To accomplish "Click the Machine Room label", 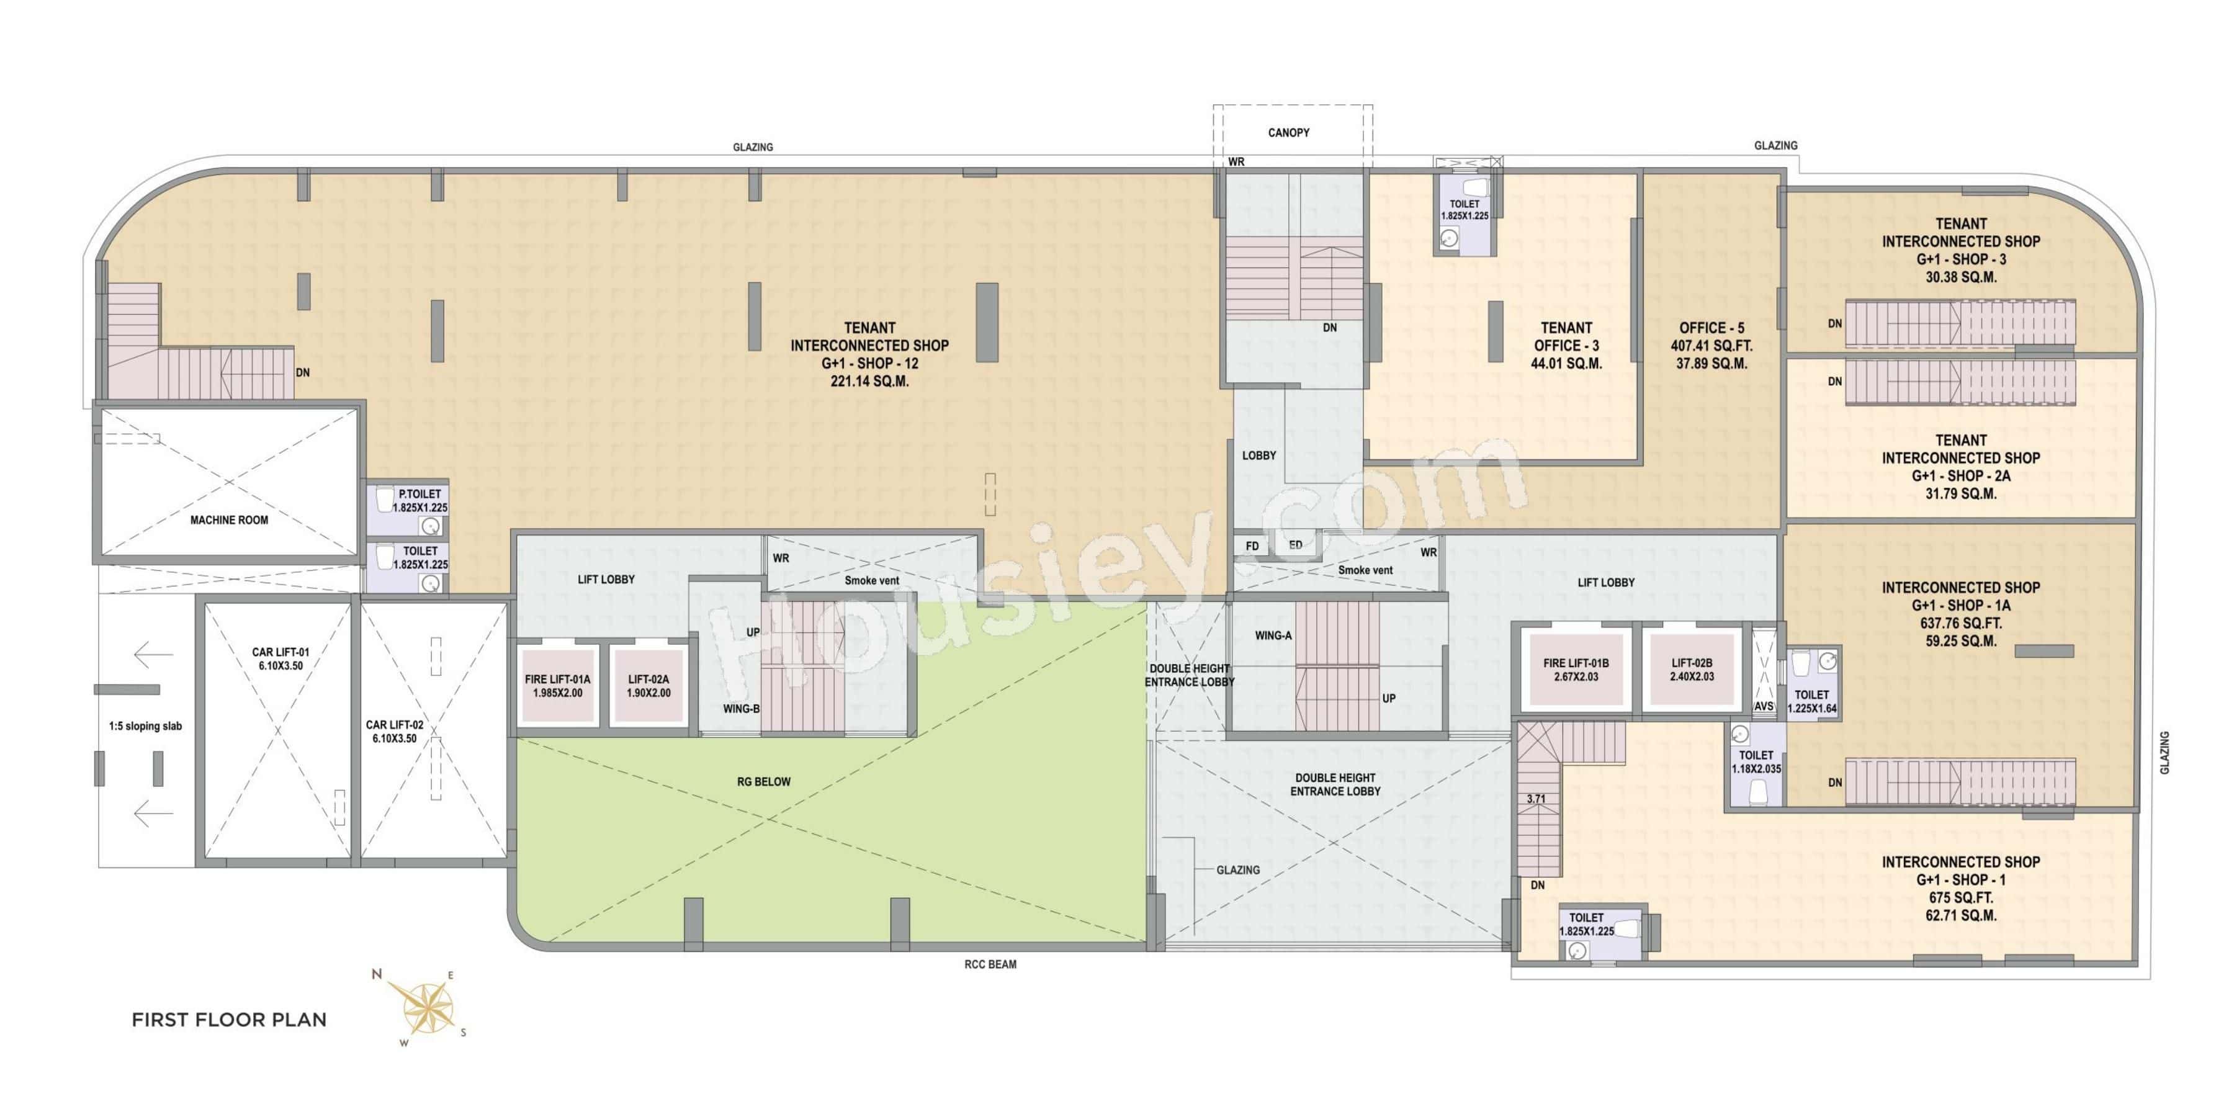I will pyautogui.click(x=229, y=521).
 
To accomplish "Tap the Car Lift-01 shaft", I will pyautogui.click(x=279, y=729).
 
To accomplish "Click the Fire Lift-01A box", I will pyautogui.click(x=558, y=686).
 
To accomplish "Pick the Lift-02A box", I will pyautogui.click(x=648, y=686).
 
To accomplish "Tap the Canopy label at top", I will pyautogui.click(x=1289, y=133).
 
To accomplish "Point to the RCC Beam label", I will pyautogui.click(x=990, y=964).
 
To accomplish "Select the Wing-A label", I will pyautogui.click(x=1273, y=635).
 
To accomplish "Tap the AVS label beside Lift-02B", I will pyautogui.click(x=1763, y=707).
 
